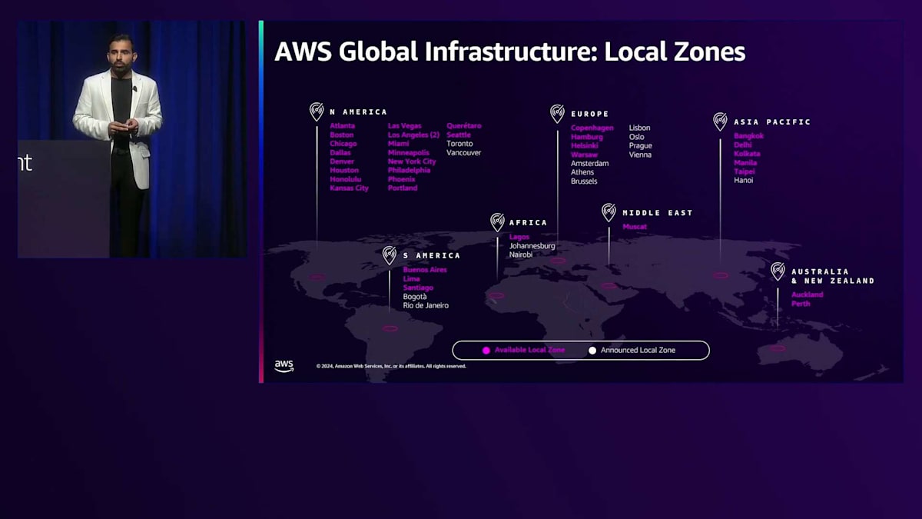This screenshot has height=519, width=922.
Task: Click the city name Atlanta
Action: click(342, 126)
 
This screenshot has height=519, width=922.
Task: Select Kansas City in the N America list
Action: click(349, 188)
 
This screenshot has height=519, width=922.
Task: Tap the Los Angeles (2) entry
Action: click(413, 135)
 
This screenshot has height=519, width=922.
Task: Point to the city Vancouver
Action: click(463, 153)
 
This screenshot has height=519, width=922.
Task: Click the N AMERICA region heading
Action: click(358, 112)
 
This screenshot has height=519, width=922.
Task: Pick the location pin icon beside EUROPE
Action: click(557, 114)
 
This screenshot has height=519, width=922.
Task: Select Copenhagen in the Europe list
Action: click(592, 128)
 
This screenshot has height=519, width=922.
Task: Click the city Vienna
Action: click(640, 155)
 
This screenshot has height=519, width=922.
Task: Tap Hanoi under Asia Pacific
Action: click(743, 181)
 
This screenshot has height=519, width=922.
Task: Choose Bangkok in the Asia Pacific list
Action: click(748, 136)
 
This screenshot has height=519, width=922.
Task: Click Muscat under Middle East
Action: click(635, 227)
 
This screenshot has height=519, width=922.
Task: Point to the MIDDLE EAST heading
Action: click(657, 213)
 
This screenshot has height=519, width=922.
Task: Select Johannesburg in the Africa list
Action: click(532, 246)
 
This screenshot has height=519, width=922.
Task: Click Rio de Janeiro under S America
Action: click(426, 306)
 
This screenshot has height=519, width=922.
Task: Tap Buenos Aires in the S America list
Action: click(424, 270)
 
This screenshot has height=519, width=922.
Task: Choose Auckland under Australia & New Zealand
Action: click(807, 294)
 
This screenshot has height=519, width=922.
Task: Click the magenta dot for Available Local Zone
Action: click(486, 351)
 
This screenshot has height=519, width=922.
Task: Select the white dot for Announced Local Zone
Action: click(592, 351)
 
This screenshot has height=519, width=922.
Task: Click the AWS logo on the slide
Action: click(284, 366)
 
